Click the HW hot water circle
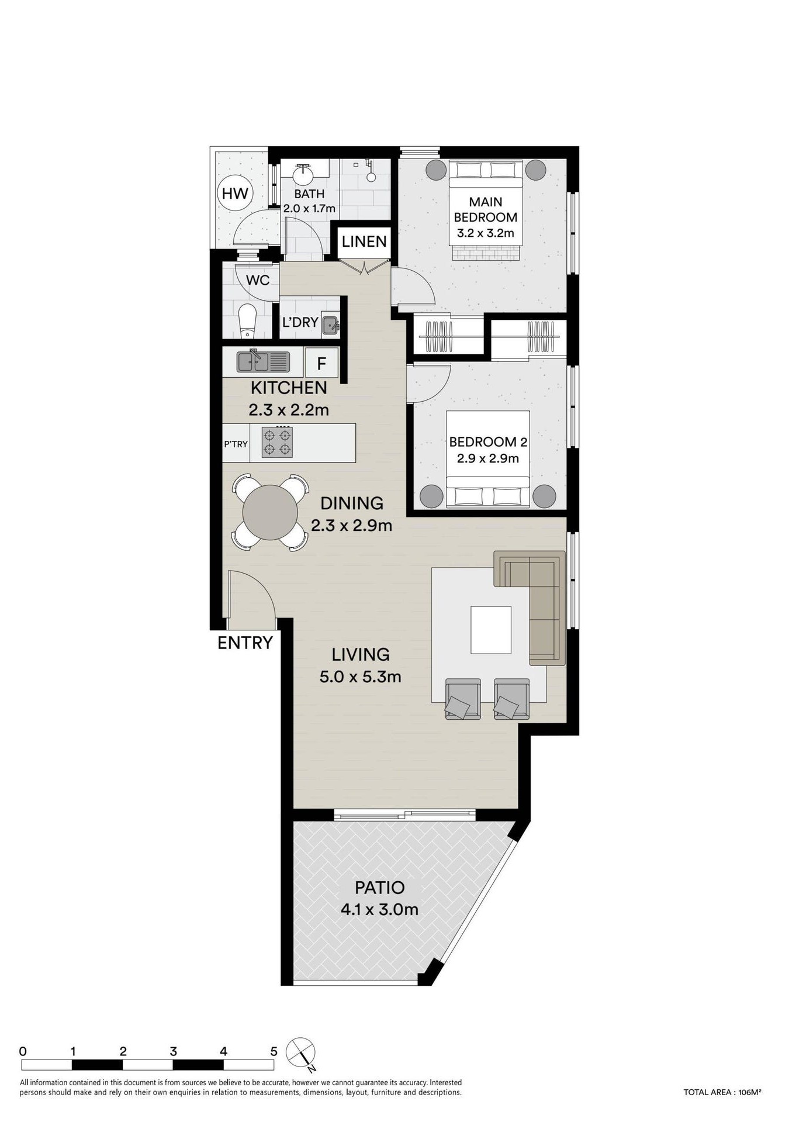coord(235,194)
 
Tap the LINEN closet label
coord(364,241)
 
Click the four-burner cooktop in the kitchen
coord(277,442)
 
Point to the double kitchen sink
coord(263,361)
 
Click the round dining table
coord(270,512)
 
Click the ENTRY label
coord(245,643)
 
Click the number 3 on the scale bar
coord(173,1051)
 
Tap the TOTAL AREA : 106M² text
coord(722,1092)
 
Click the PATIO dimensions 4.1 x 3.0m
coord(380,909)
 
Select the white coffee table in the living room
coord(491,630)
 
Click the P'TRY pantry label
coord(236,444)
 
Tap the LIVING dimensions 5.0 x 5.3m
coord(360,677)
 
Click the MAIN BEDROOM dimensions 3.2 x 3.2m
coord(486,233)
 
